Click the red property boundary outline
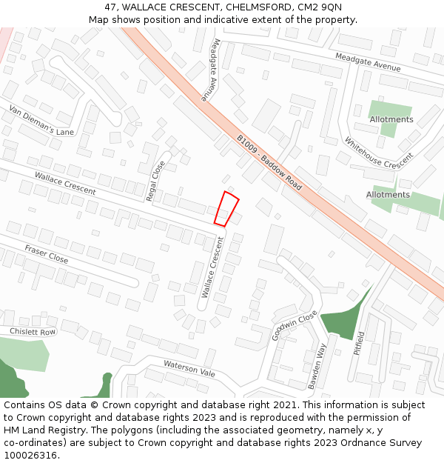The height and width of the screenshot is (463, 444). coord(226,208)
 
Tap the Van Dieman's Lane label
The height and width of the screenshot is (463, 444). coord(41,121)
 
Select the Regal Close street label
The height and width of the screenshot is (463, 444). coord(155,181)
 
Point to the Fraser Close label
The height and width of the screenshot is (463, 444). coord(46,254)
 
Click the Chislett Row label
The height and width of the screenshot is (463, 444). coord(33,331)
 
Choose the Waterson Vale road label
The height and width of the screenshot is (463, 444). coord(189,368)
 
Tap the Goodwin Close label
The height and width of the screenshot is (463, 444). coord(284,325)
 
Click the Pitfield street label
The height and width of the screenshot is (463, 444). coord(360,342)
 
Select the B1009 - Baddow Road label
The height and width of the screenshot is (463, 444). coord(269,163)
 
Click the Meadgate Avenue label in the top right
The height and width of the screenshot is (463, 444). coord(367,62)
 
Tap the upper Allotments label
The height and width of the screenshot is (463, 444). coord(391,119)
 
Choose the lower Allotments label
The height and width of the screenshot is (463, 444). coord(388,195)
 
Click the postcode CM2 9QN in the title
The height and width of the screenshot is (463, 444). coord(318,7)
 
